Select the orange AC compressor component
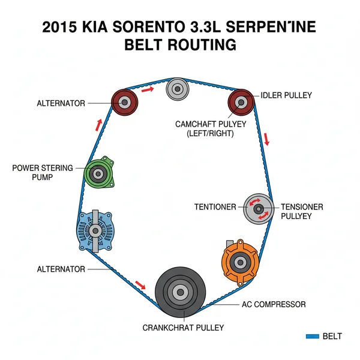[x=239, y=263]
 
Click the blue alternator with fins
[x=96, y=231]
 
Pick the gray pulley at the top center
[x=178, y=91]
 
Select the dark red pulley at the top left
[x=125, y=103]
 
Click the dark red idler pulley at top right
[x=241, y=101]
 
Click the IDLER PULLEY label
[x=286, y=95]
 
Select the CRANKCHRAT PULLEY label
[x=183, y=328]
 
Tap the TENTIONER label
[x=215, y=207]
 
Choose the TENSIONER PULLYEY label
[x=302, y=211]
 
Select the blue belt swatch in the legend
[x=311, y=337]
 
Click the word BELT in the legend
[x=332, y=337]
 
